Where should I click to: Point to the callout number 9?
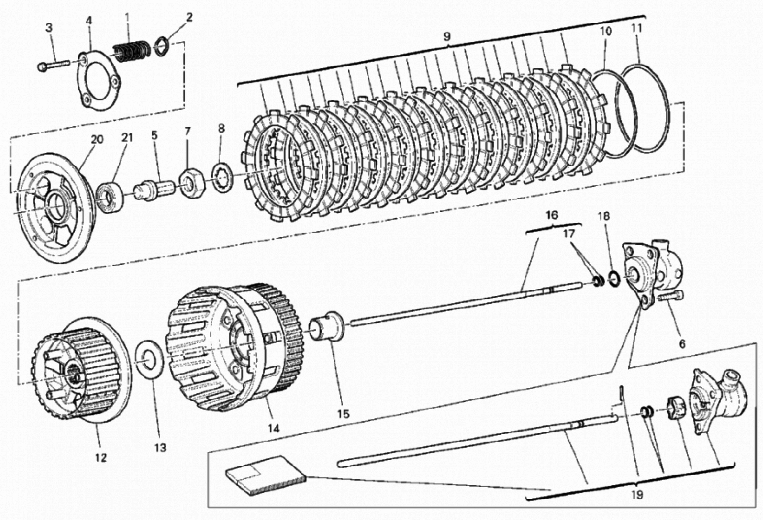click(x=446, y=36)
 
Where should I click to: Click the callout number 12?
click(x=101, y=458)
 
